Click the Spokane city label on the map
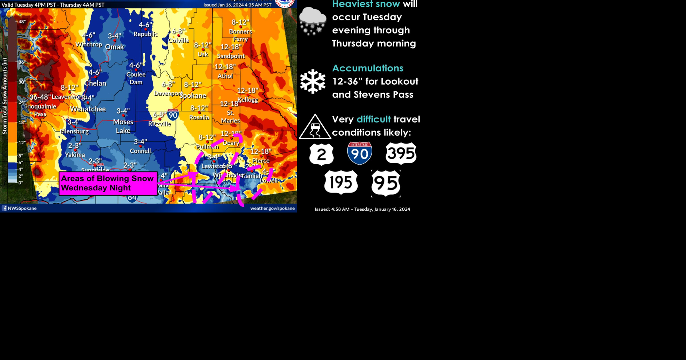click(x=193, y=96)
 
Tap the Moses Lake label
click(x=123, y=126)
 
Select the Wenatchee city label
click(x=88, y=109)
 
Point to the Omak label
click(x=114, y=47)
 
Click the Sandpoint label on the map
click(x=231, y=56)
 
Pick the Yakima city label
click(x=75, y=155)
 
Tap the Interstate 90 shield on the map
click(x=173, y=115)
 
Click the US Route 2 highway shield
click(x=322, y=154)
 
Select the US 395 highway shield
click(x=401, y=154)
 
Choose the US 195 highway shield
click(x=341, y=182)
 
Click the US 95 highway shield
click(x=386, y=183)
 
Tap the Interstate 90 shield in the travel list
click(x=359, y=153)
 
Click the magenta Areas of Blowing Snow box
click(x=108, y=183)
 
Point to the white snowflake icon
click(x=313, y=81)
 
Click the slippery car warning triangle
click(x=315, y=127)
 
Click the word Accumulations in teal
click(x=368, y=68)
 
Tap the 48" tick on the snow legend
click(x=22, y=22)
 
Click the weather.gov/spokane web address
click(x=272, y=208)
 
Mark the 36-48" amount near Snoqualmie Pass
click(x=40, y=97)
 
